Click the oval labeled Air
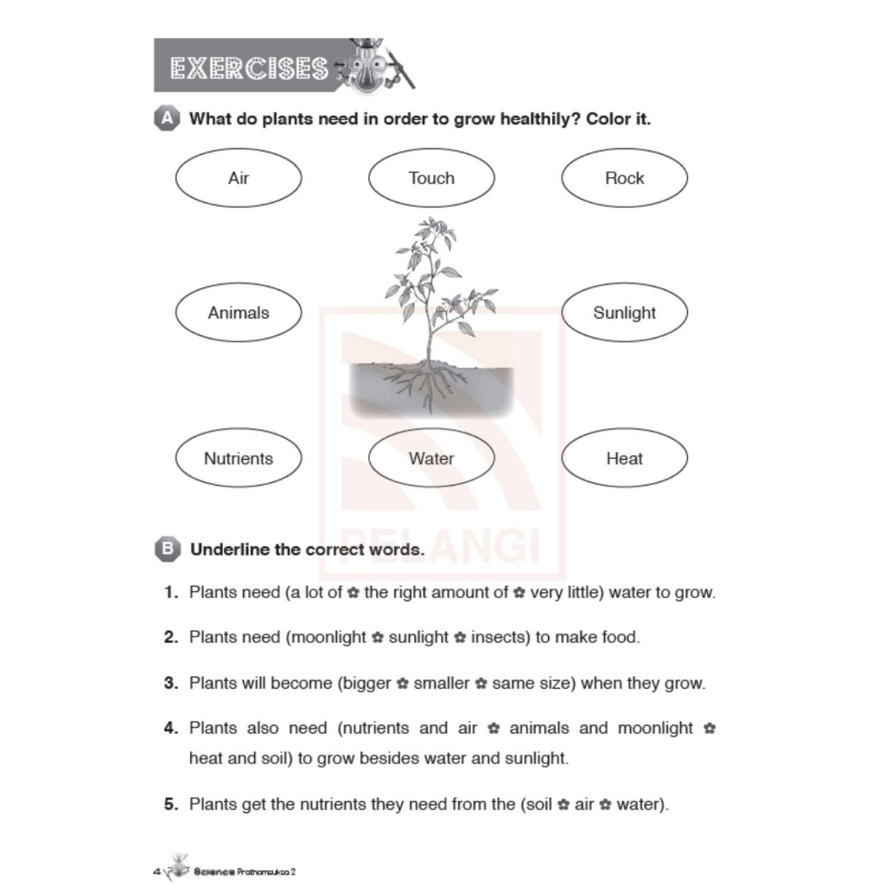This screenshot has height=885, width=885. [x=239, y=179]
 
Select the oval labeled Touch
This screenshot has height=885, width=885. [x=431, y=179]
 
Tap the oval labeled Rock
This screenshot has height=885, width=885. [x=624, y=179]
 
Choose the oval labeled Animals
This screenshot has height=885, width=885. [x=239, y=313]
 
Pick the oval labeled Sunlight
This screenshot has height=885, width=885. [x=624, y=313]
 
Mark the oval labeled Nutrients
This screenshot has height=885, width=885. [x=239, y=458]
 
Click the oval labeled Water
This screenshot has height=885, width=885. [x=431, y=458]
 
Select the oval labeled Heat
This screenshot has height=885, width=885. [x=624, y=458]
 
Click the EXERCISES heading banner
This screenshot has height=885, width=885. [x=251, y=67]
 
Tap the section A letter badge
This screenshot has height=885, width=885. [x=164, y=119]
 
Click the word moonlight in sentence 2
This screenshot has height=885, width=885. [x=326, y=638]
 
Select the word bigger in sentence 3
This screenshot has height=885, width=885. [x=366, y=684]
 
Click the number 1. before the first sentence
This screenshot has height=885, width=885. [x=170, y=593]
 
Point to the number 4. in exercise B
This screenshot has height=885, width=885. [x=170, y=728]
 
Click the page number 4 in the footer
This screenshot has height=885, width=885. [x=156, y=870]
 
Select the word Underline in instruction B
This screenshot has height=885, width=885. [x=226, y=550]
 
